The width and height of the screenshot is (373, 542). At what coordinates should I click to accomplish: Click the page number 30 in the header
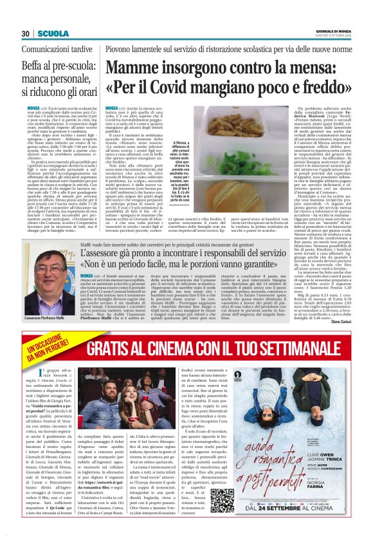25,33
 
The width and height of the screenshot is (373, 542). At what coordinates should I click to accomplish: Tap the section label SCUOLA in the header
49,33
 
